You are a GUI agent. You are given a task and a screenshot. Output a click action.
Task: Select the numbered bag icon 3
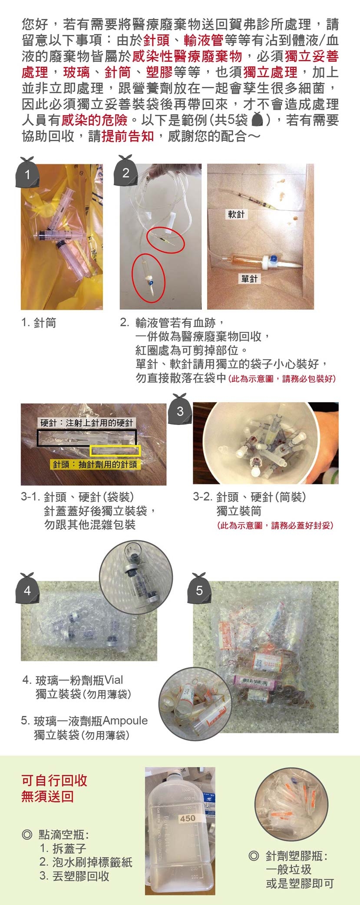click(x=180, y=409)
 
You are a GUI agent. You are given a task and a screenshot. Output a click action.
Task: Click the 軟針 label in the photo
click(x=236, y=214)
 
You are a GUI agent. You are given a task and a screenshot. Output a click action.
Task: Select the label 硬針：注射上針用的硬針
click(x=87, y=423)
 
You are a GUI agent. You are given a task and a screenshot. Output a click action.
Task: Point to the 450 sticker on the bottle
click(x=188, y=818)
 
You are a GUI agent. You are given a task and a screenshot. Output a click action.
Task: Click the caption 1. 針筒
click(x=39, y=323)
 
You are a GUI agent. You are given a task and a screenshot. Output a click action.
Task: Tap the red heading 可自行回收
click(x=54, y=780)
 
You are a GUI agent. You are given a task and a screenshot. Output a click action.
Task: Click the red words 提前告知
click(x=128, y=136)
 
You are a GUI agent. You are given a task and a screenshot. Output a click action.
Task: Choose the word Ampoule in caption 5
click(x=126, y=720)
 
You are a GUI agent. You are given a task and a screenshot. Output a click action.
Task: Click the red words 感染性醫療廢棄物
click(x=187, y=56)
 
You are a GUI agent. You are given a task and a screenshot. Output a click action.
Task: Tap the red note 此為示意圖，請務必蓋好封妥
click(x=275, y=525)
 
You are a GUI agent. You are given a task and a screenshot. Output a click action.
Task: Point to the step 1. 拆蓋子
click(x=63, y=848)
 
